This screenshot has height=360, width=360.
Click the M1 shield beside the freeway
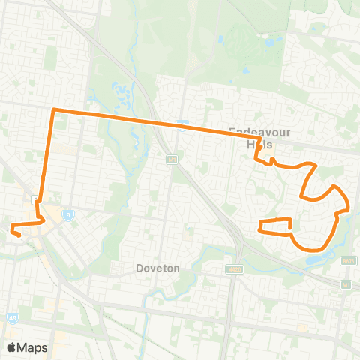172,159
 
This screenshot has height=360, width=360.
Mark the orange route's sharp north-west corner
53,111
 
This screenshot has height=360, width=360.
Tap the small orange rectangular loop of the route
275,226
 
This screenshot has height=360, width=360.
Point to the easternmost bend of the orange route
349,206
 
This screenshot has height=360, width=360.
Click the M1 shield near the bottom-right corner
346,285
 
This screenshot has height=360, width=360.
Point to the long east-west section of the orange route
150,121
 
